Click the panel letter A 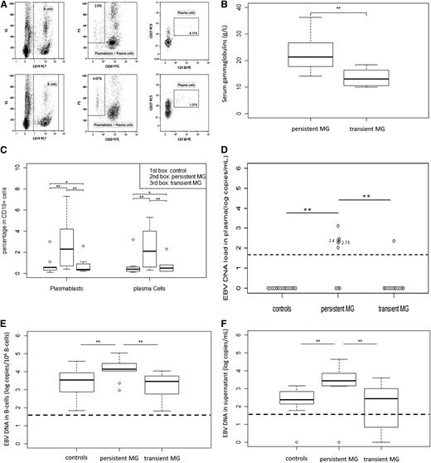point(5,6)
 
